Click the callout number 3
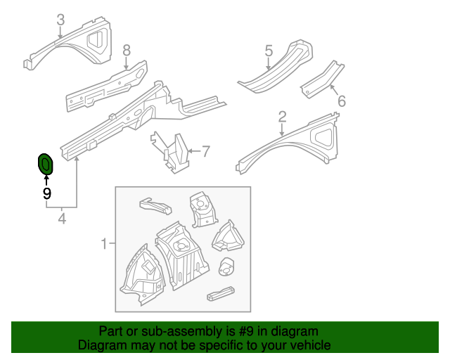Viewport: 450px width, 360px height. coord(60,20)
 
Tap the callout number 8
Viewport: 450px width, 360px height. coord(127,50)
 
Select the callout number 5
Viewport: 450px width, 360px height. coord(269,51)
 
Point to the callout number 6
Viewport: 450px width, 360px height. coord(342,101)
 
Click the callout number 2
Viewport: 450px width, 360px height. coord(282,117)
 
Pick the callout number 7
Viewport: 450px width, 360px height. coord(206,150)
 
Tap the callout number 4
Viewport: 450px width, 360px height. coord(62,219)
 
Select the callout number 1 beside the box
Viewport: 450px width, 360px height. coord(103,244)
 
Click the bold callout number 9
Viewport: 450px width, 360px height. coord(46,193)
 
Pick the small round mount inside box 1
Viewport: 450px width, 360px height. coord(226,267)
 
